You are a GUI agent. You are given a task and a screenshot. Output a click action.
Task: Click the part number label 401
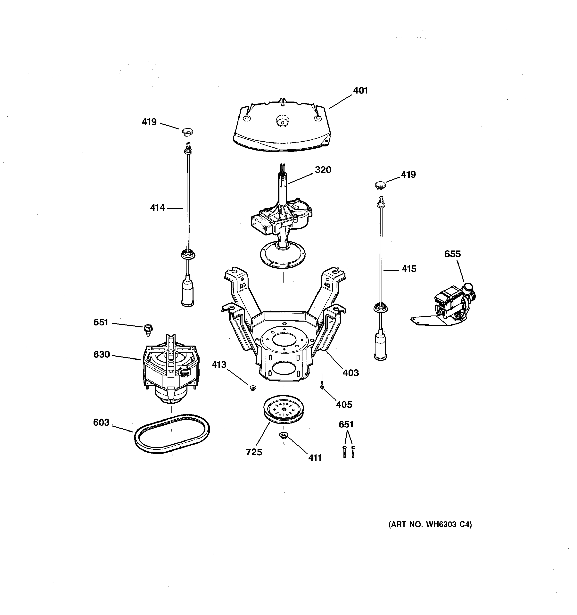[360, 90]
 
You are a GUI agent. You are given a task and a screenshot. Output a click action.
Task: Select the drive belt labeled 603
[172, 433]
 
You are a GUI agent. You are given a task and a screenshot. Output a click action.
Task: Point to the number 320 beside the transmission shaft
[323, 170]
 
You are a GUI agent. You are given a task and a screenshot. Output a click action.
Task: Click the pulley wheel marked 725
[283, 409]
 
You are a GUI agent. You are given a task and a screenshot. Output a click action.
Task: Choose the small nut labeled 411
[283, 436]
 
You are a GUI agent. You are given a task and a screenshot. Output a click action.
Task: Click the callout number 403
[350, 373]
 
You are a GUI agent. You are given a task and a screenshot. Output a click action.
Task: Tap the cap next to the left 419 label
[187, 132]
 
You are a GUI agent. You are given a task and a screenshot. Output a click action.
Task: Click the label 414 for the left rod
[157, 208]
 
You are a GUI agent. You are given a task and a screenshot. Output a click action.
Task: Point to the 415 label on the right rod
[409, 269]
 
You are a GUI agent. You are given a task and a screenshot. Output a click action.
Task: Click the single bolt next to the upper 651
[148, 330]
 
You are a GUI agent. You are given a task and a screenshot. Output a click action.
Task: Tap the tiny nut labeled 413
[253, 388]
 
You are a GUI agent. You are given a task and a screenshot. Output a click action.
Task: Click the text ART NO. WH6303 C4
[430, 524]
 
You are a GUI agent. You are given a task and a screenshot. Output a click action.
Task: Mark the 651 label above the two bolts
[346, 424]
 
